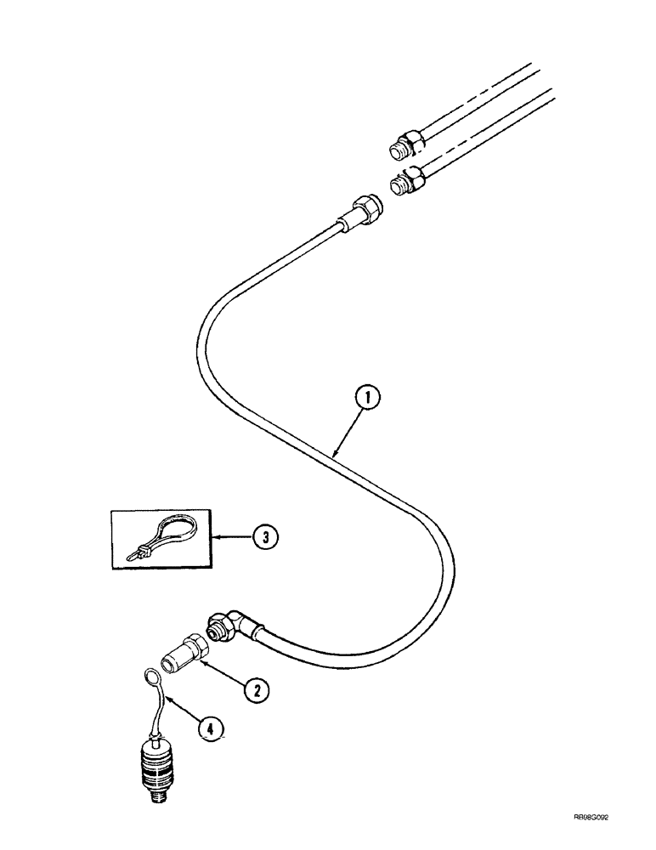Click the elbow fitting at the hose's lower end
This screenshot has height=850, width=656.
click(230, 626)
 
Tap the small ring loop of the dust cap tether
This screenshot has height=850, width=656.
click(150, 677)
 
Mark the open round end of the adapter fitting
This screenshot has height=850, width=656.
click(168, 666)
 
